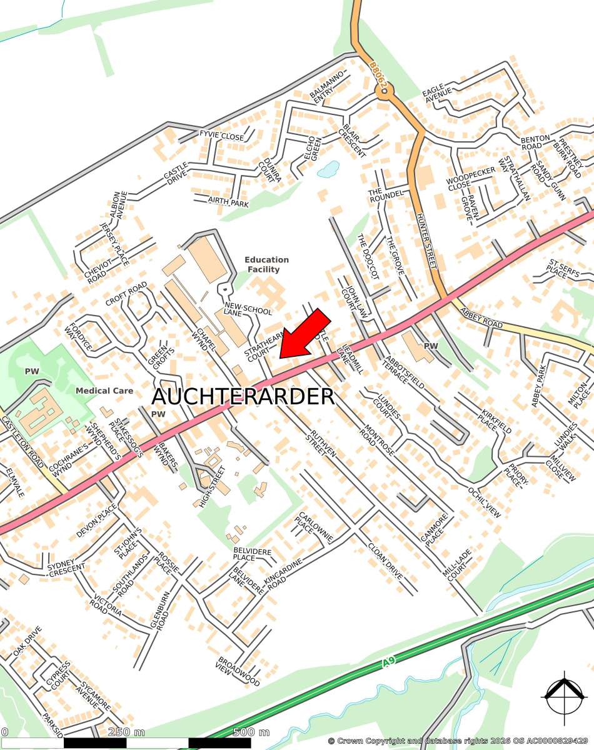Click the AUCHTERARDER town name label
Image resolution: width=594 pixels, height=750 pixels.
tap(243, 396)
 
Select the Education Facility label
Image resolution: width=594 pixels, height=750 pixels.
tap(266, 264)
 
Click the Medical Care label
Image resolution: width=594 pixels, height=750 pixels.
tap(104, 391)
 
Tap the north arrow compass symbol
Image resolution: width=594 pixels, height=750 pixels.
tap(565, 694)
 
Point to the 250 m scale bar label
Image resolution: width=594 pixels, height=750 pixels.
tap(126, 732)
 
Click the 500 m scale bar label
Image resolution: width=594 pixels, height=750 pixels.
tap(251, 732)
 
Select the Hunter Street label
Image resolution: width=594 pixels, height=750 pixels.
tap(425, 241)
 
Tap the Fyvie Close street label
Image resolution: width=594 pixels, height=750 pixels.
tap(221, 136)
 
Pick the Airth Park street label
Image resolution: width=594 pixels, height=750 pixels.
tap(229, 203)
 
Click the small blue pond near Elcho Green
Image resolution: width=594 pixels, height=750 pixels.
tap(328, 169)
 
